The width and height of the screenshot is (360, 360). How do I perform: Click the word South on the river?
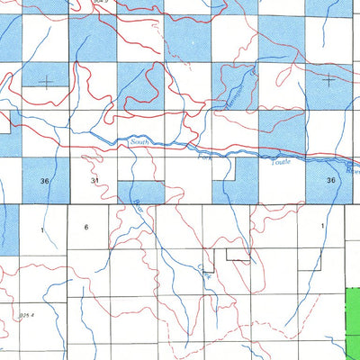(x=139, y=141)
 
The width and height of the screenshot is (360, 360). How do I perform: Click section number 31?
(x=94, y=182)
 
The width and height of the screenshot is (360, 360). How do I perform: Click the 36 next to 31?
(x=45, y=182)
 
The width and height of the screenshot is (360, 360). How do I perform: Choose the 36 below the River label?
(x=331, y=181)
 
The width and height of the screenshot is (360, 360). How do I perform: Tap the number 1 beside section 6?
(x=41, y=230)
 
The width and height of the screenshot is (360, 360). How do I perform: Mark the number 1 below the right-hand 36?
(x=322, y=226)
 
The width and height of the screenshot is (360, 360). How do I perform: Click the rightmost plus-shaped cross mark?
(x=328, y=79)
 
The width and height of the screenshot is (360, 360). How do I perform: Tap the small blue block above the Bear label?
(x=140, y=192)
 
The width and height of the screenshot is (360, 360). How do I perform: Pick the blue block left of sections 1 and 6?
(x=9, y=229)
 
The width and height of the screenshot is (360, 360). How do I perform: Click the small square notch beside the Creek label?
(x=209, y=267)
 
